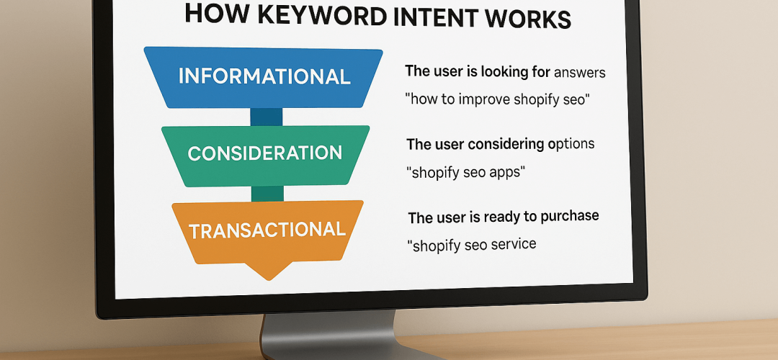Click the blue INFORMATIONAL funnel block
coord(264,77)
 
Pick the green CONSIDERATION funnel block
coord(265,153)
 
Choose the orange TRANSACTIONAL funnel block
coord(267,230)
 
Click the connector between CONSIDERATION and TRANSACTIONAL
coord(266,193)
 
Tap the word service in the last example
coord(511,245)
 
